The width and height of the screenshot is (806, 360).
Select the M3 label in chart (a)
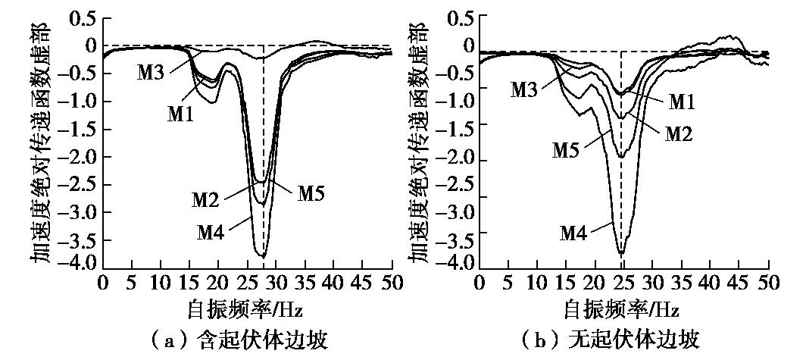point(152,74)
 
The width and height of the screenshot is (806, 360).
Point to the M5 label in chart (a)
point(312,193)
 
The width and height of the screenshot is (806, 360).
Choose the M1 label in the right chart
point(683,100)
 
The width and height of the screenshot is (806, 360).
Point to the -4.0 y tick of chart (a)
point(80,263)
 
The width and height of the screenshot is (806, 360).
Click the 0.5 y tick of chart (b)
point(459,17)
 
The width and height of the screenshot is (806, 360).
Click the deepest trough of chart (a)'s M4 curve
point(261,255)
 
